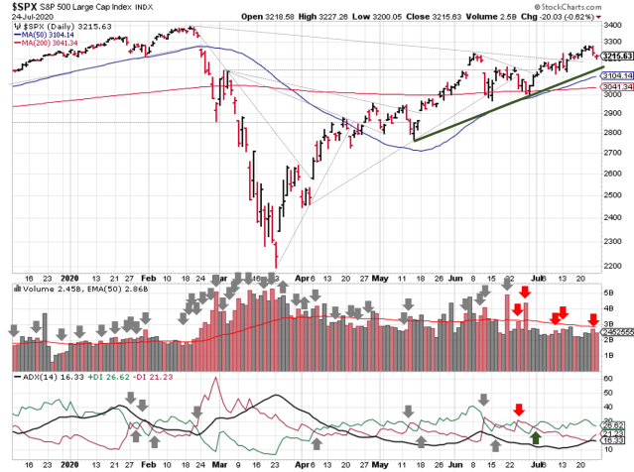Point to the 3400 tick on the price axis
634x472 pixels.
614,28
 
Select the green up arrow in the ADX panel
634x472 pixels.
536,437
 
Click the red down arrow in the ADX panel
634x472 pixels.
518,409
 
